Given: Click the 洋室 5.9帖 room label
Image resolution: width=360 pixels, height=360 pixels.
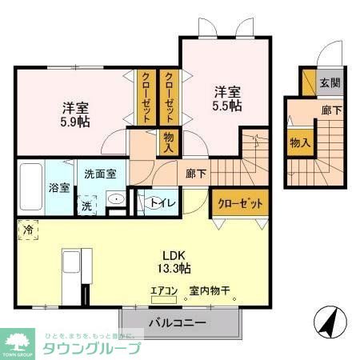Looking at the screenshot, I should coord(70,115).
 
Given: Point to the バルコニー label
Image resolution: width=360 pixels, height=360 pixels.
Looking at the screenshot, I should coord(178,323).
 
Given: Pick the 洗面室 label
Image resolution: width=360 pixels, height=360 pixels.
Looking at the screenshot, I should coord(99,173).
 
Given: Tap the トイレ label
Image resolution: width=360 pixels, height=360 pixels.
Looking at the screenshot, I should coord(157,202).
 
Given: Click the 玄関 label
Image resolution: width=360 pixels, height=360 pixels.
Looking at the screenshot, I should coord(330,82).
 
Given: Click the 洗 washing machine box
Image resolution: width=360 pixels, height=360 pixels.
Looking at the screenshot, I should coord(86,204).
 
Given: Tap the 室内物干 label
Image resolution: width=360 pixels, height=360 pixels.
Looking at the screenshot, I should coord(209,291).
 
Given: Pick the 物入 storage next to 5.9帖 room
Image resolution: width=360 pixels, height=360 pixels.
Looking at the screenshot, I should coord(168,142).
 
